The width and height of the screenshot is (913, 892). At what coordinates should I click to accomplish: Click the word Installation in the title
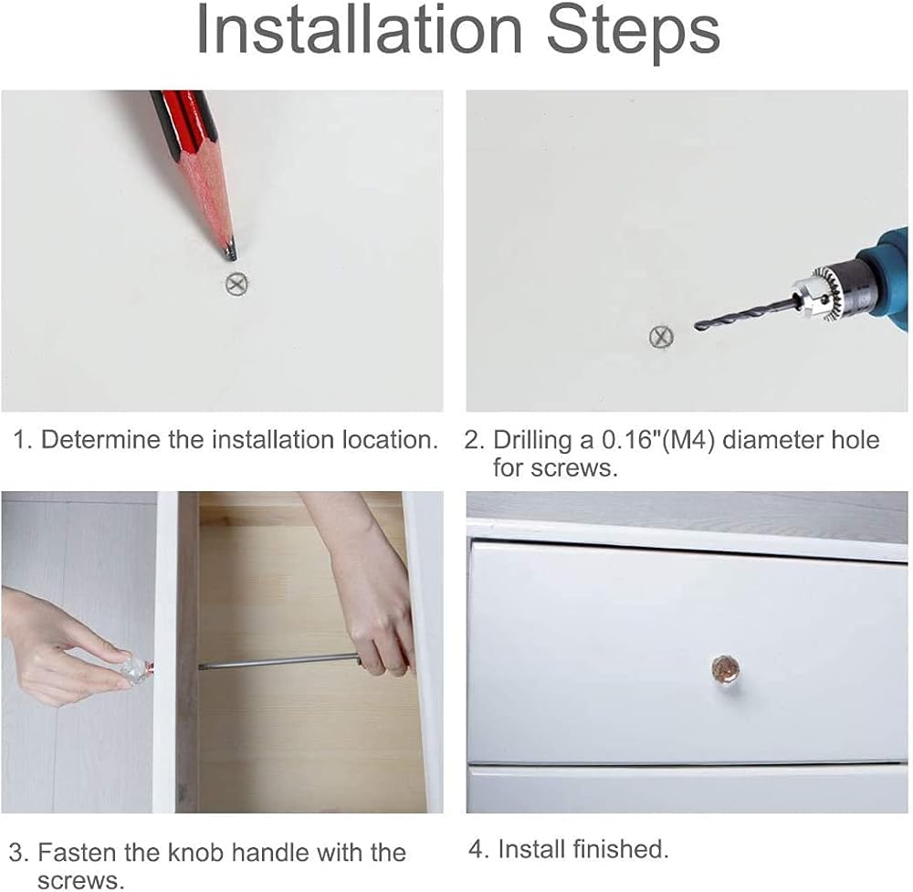click(x=359, y=29)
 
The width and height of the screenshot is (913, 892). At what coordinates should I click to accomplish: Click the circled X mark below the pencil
click(x=236, y=284)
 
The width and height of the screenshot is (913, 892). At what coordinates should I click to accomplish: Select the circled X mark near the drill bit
click(x=661, y=337)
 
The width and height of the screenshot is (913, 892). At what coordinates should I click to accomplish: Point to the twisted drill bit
click(x=742, y=314)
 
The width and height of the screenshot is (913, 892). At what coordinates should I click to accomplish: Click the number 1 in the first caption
click(x=20, y=440)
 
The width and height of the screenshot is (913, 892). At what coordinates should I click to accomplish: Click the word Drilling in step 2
click(x=532, y=441)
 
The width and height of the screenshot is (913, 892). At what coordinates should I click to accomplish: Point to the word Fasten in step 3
click(x=77, y=853)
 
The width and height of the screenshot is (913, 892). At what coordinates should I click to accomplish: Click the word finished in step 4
click(x=620, y=849)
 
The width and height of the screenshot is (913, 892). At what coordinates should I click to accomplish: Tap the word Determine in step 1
click(x=101, y=439)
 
